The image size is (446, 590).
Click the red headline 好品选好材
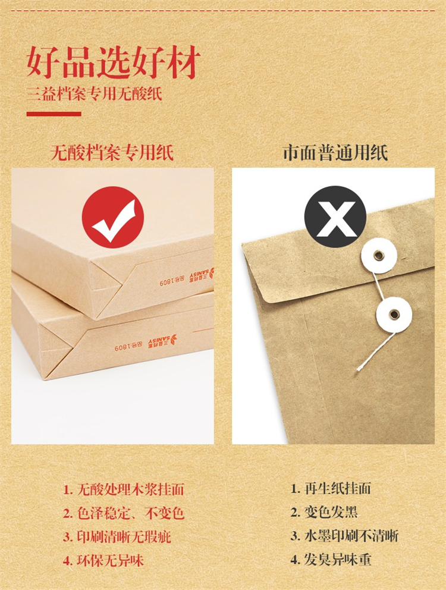(x=113, y=62)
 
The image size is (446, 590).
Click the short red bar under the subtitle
(x=54, y=114)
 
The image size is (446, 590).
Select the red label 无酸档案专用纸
(x=112, y=153)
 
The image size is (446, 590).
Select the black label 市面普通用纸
(x=335, y=153)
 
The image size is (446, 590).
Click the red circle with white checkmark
(x=113, y=217)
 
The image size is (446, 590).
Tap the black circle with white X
(x=335, y=216)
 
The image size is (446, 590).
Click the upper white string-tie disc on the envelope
(x=379, y=256)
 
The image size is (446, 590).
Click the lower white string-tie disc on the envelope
(x=394, y=315)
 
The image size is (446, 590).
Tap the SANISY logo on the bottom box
(x=162, y=340)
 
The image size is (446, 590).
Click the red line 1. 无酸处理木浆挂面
(x=124, y=489)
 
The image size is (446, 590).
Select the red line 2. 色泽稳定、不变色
(x=124, y=513)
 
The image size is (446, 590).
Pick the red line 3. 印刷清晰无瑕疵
(x=117, y=537)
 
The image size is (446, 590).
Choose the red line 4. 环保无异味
(x=103, y=561)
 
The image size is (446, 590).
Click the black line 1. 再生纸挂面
(x=331, y=488)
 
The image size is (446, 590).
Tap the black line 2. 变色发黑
(x=324, y=512)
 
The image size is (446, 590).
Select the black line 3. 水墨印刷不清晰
(x=344, y=536)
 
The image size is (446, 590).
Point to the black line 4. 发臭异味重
(x=331, y=560)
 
